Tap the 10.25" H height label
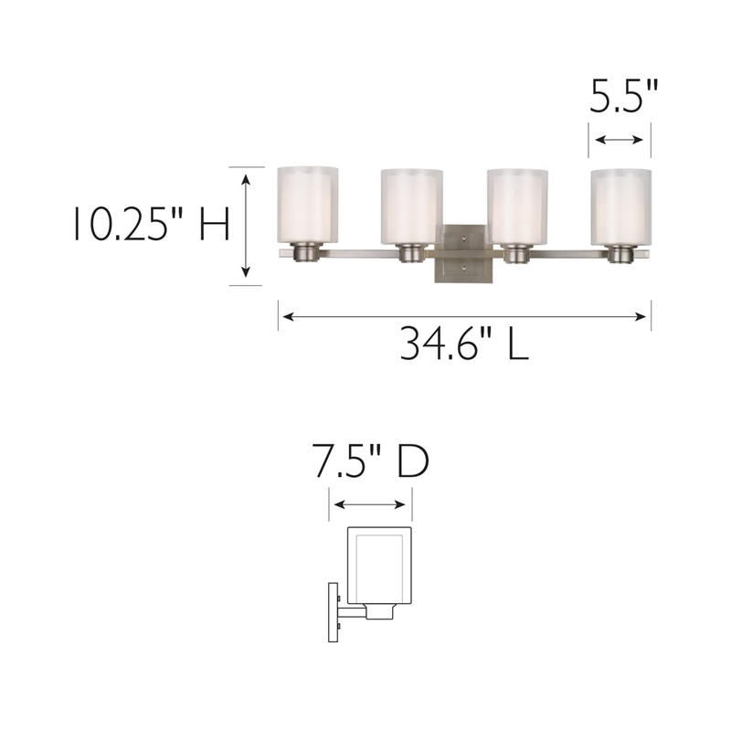(151, 224)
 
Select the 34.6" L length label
(463, 344)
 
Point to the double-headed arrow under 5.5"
(622, 140)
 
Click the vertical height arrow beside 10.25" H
(245, 225)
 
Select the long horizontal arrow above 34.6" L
(464, 317)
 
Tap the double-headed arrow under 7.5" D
(370, 504)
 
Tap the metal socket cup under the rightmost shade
(622, 253)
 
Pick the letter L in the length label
(516, 344)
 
